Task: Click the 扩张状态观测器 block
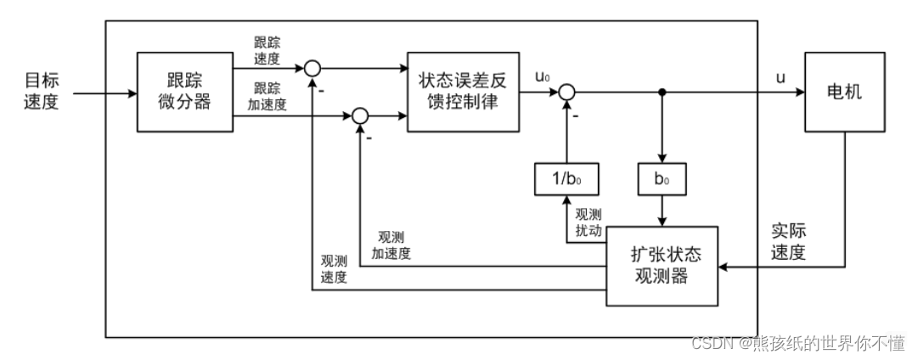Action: point(662,267)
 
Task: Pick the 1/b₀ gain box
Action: point(565,180)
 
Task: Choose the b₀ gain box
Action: point(661,180)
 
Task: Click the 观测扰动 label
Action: point(588,222)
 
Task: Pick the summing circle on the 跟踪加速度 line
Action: point(360,115)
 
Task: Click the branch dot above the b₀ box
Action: point(661,92)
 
